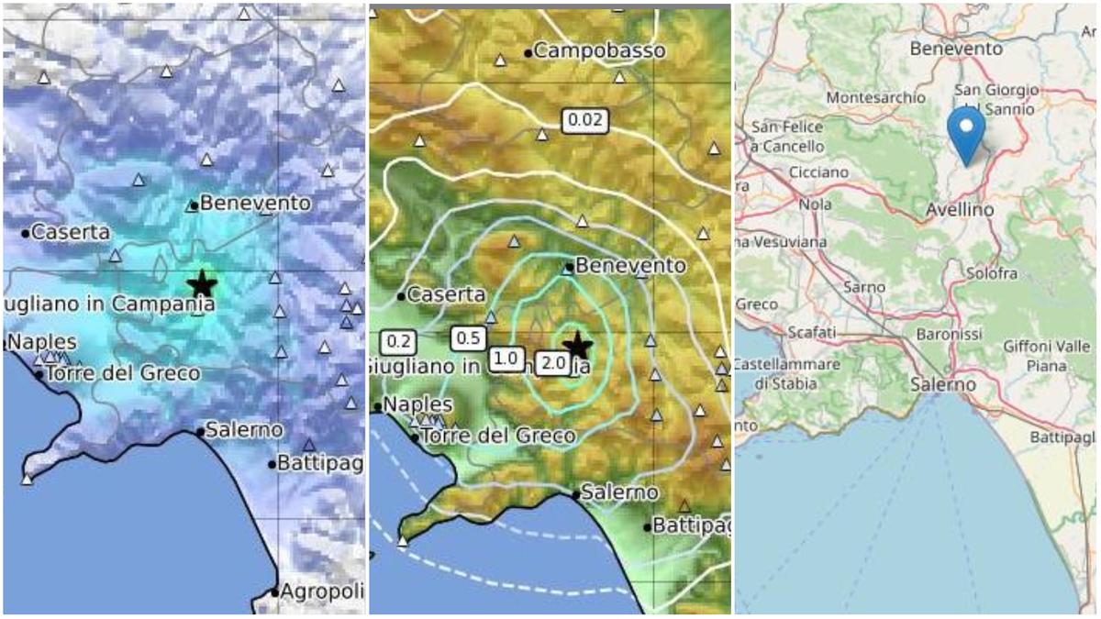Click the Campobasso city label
pos(600,51)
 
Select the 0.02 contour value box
pos(585,119)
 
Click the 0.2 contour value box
pos(399,342)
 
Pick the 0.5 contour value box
pos(469,337)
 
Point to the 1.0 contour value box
pos(506,359)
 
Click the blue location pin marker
pos(965,134)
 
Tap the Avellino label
pos(959,210)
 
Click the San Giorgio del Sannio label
pos(996,99)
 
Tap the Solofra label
pos(992,273)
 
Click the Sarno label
pos(863,287)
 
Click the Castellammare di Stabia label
pos(785,373)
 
